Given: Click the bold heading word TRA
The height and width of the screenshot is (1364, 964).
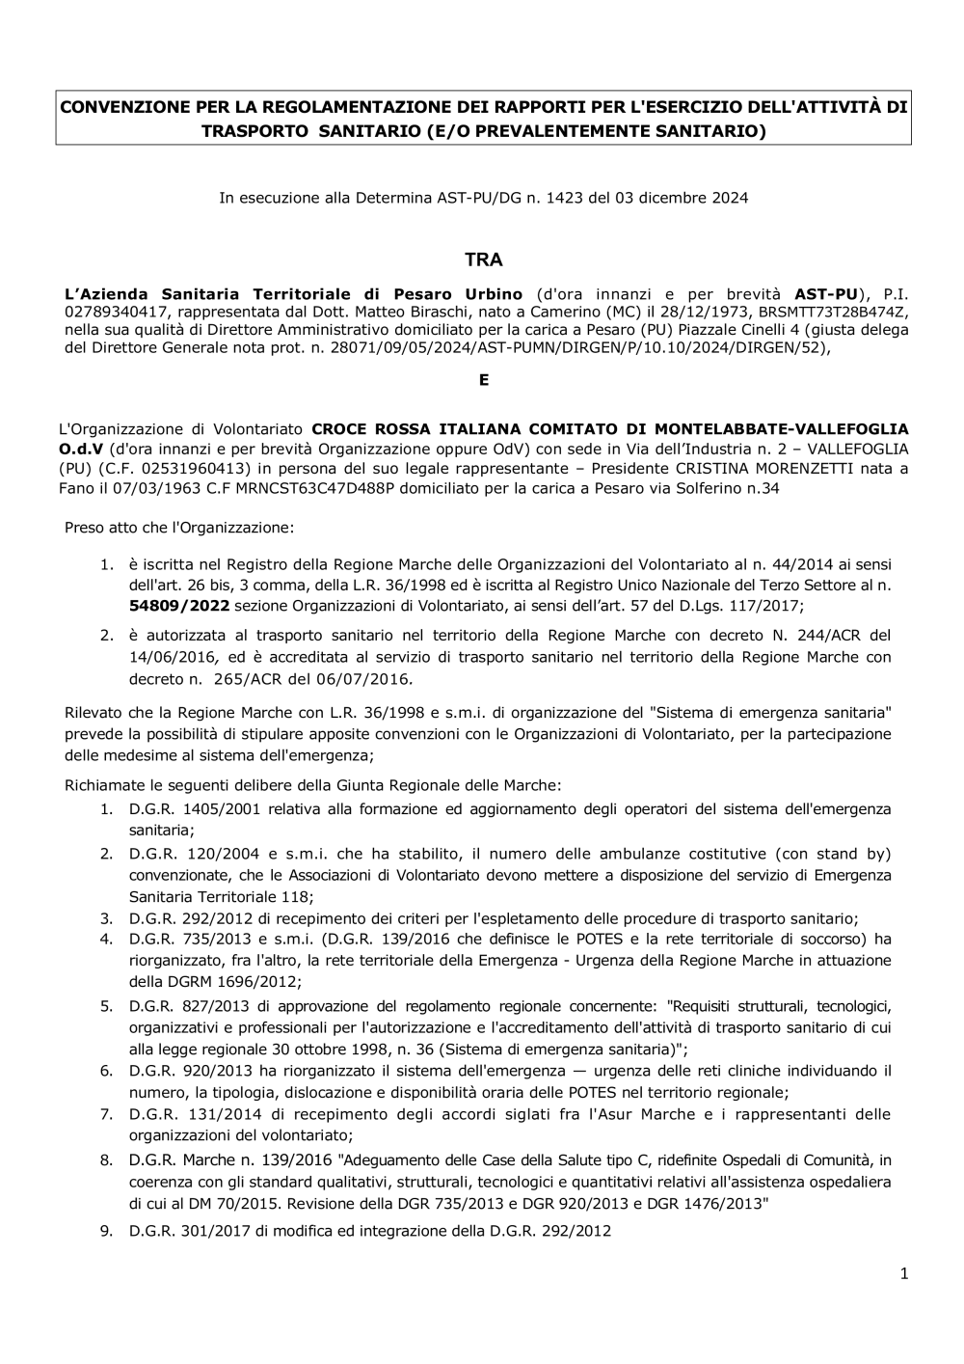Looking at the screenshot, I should pyautogui.click(x=483, y=259).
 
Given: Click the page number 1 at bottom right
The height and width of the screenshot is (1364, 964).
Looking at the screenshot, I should pyautogui.click(x=904, y=1273).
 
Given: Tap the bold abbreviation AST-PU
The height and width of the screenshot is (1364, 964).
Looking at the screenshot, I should pyautogui.click(x=828, y=293).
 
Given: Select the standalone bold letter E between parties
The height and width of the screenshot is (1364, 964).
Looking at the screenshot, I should pyautogui.click(x=484, y=380).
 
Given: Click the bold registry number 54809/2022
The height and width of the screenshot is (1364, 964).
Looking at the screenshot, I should pyautogui.click(x=179, y=605).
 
